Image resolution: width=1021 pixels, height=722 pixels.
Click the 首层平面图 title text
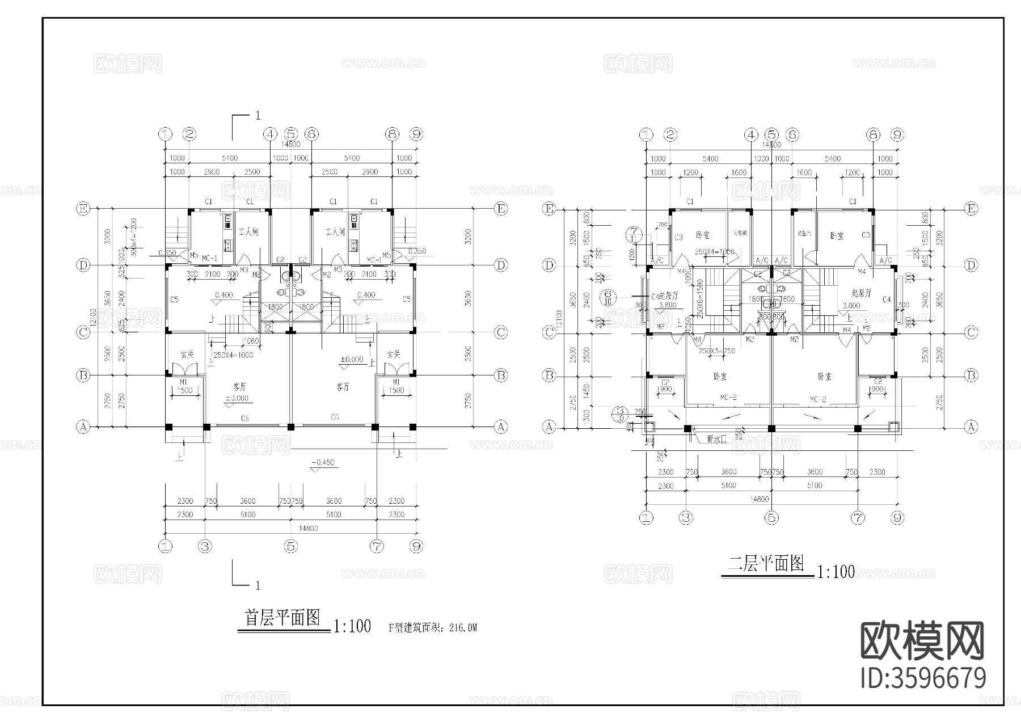click(282, 618)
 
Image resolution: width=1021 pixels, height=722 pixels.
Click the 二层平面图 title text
click(766, 563)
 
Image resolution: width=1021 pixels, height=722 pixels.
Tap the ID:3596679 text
click(923, 678)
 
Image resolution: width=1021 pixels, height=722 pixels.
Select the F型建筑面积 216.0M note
click(433, 628)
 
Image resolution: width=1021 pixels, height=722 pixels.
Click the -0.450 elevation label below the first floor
click(323, 463)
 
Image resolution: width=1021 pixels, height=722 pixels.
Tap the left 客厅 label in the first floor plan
click(240, 386)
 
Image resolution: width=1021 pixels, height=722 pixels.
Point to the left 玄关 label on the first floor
click(188, 354)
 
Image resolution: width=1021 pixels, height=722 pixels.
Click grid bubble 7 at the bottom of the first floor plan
click(376, 546)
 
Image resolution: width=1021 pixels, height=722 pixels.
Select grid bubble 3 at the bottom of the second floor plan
click(686, 517)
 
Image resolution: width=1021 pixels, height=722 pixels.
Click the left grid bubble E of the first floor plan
click(83, 209)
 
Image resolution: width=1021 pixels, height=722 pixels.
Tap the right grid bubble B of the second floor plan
click(971, 375)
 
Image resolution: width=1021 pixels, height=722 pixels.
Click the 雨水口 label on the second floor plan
click(716, 438)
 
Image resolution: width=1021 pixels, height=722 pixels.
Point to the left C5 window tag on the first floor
click(174, 299)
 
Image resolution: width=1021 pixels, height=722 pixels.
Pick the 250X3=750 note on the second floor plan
click(716, 351)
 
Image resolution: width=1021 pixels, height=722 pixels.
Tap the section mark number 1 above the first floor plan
click(258, 115)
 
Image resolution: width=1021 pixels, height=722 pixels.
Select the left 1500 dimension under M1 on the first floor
click(185, 391)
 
